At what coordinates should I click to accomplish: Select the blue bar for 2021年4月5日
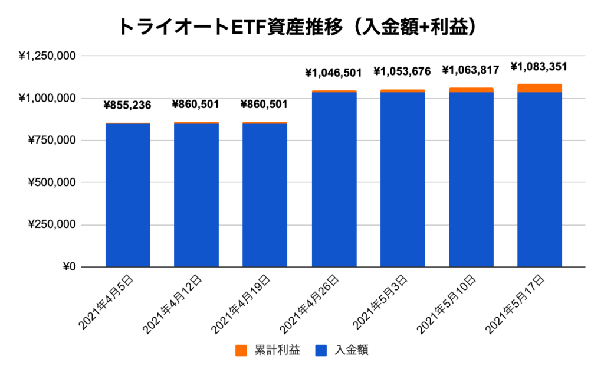point(127,195)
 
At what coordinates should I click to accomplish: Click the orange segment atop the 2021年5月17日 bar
point(539,88)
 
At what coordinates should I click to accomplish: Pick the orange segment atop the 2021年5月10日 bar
point(471,90)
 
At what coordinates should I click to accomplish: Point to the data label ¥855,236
point(127,106)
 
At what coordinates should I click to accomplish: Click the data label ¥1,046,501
point(334,73)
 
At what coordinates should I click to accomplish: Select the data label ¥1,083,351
point(539,66)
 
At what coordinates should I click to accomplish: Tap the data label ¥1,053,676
point(402,71)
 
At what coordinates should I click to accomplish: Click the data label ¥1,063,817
point(471,70)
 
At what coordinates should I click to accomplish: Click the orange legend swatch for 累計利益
point(241,351)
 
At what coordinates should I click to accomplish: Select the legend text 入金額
point(351,351)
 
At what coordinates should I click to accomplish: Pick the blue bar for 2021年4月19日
point(265,195)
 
